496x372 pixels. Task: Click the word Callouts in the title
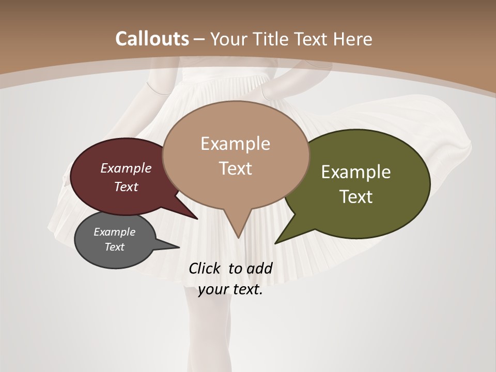152,39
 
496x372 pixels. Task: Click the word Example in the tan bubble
235,144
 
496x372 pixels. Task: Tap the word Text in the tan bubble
235,168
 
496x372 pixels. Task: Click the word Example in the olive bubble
356,172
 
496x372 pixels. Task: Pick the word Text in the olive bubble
356,197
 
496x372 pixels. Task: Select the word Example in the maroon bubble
126,168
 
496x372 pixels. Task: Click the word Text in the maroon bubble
126,187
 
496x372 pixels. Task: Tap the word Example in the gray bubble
114,232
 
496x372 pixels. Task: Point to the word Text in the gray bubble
114,247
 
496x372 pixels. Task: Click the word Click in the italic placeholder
206,268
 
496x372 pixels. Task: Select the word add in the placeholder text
259,268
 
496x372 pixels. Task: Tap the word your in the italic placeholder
212,289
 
